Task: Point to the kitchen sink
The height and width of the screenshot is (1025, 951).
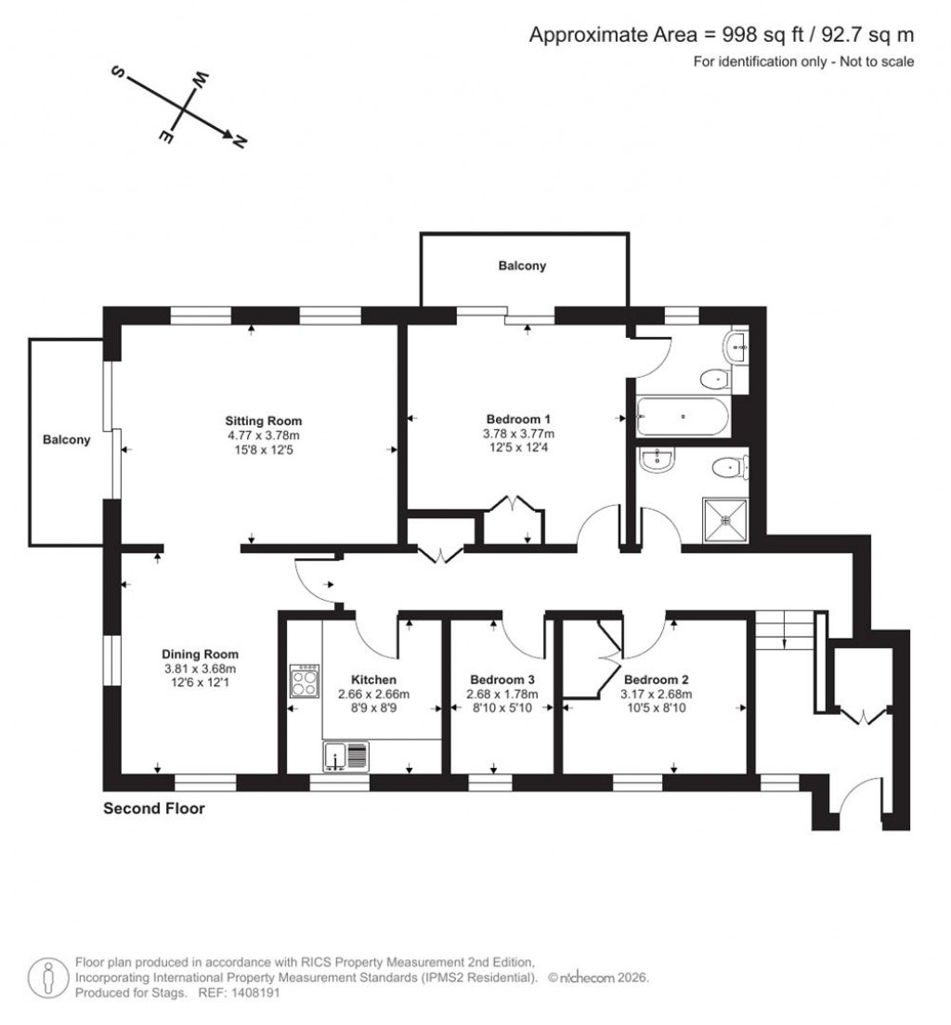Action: pos(346,757)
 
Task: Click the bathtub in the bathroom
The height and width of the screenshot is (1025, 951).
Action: pos(683,417)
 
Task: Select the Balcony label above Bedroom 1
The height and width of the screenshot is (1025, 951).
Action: pos(522,266)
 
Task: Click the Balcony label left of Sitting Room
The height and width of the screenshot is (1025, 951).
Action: pos(67,440)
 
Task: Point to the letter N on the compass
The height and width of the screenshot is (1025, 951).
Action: pos(240,142)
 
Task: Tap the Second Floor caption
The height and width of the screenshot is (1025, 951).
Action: pos(153,809)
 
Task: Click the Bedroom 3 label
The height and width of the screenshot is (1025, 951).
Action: pos(502,679)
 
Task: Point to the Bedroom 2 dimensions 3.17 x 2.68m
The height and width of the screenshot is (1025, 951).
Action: pos(658,694)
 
